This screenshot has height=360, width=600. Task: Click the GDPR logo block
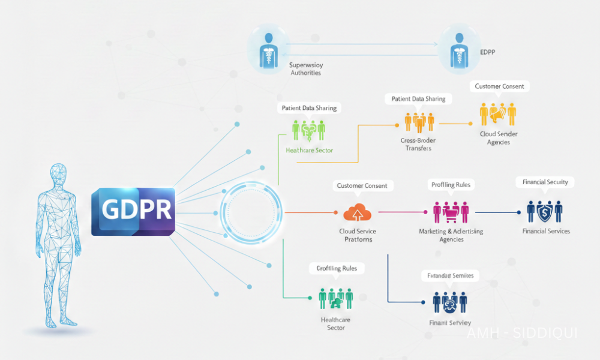[133, 211]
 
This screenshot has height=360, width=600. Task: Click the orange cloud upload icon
[358, 212]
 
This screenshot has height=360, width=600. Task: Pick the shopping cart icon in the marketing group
[451, 212]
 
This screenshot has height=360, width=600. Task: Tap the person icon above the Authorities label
[266, 49]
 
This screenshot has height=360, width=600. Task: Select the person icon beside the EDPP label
[457, 49]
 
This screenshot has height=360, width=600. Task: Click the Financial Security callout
[545, 182]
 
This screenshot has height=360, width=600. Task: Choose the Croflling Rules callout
[336, 268]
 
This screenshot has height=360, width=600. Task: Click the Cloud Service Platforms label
[358, 235]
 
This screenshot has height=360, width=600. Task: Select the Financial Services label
[546, 231]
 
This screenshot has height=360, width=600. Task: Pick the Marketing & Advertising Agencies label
[451, 235]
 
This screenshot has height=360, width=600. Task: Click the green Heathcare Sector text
[309, 150]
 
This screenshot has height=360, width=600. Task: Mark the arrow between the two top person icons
[360, 44]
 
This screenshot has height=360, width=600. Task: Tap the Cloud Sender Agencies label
[499, 138]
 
